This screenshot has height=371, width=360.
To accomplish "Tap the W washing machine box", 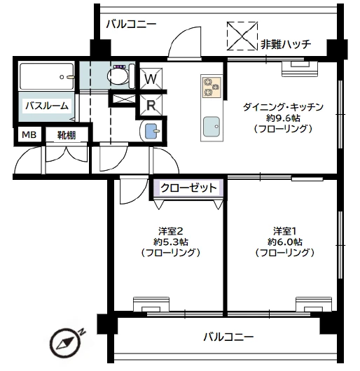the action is click(151, 79).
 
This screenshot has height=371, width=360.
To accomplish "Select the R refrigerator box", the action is click(151, 105).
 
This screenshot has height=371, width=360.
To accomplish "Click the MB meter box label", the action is click(29, 135).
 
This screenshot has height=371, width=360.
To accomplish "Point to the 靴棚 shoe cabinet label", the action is click(67, 135).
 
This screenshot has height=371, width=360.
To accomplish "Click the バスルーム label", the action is click(47, 106).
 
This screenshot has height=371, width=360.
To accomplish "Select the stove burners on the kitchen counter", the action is click(212, 87).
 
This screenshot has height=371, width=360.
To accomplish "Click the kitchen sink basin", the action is click(212, 127).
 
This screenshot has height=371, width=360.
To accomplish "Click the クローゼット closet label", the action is click(188, 188).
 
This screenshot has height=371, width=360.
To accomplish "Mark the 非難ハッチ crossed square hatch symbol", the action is click(242, 36).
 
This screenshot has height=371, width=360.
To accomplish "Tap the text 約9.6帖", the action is click(283, 118).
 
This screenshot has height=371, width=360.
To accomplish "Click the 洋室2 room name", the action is click(171, 230).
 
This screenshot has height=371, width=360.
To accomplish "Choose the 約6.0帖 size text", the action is click(285, 241).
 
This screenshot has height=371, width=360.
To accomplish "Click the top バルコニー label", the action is click(131, 24).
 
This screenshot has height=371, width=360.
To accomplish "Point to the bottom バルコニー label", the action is click(228, 337).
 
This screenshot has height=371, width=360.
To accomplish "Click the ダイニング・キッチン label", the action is click(283, 107).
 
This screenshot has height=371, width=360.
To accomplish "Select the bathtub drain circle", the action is click(62, 77).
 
